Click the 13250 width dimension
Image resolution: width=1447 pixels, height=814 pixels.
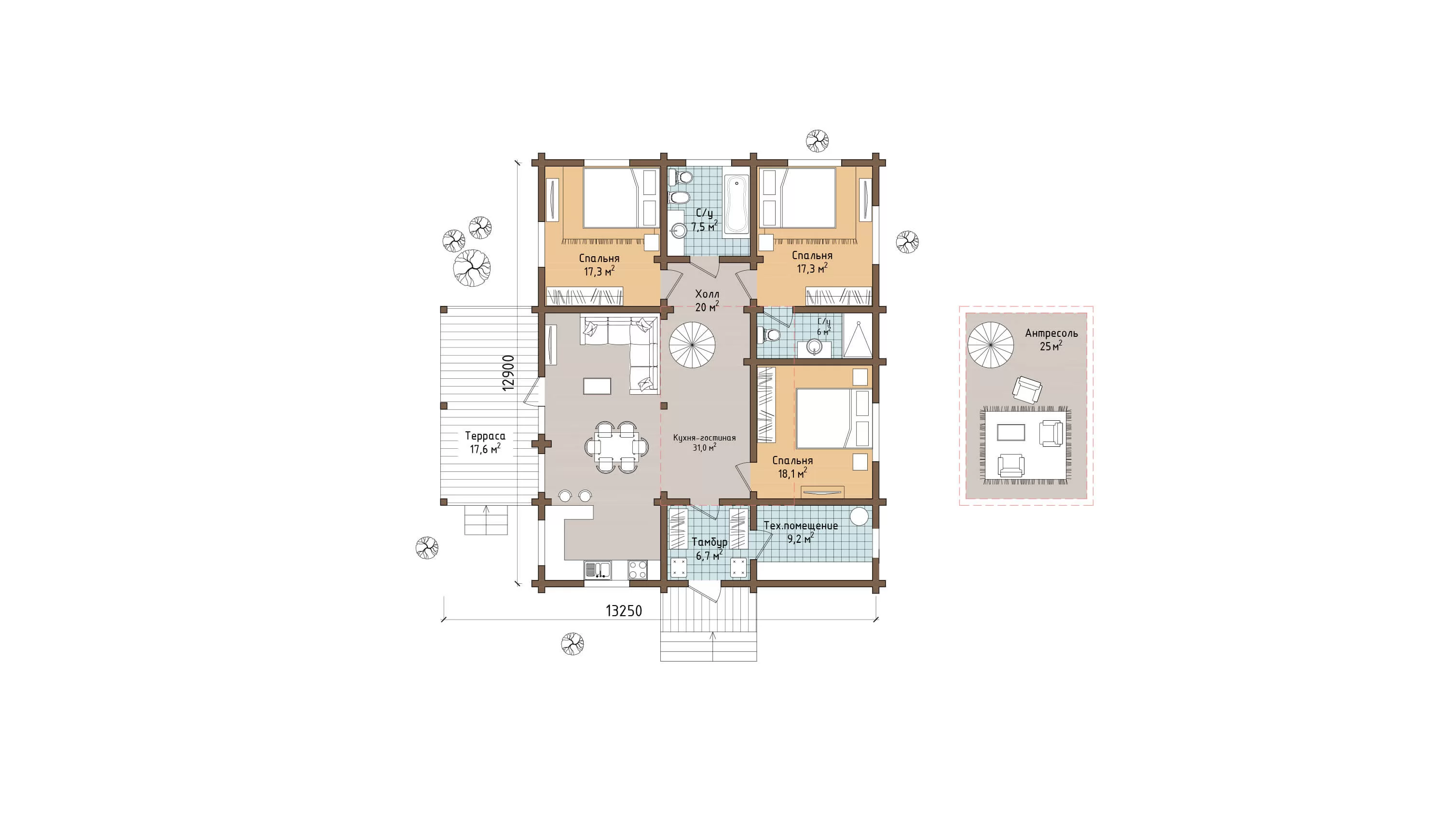click(x=624, y=611)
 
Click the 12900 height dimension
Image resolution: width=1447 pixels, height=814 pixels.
click(x=508, y=373)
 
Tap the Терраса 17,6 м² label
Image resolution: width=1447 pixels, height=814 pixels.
click(x=485, y=442)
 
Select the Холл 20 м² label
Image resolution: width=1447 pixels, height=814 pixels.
click(x=707, y=301)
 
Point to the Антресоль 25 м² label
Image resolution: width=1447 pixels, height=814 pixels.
click(x=1051, y=339)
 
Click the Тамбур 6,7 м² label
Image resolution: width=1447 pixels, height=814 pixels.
click(x=710, y=549)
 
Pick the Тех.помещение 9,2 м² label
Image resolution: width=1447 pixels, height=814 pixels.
click(x=801, y=532)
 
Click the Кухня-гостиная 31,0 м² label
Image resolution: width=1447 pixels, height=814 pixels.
click(x=704, y=442)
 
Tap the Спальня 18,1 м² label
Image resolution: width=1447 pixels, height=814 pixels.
click(x=792, y=467)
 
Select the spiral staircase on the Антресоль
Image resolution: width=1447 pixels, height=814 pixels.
click(x=990, y=345)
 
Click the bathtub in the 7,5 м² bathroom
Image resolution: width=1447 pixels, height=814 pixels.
click(x=737, y=205)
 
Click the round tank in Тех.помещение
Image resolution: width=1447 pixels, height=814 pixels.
click(x=860, y=516)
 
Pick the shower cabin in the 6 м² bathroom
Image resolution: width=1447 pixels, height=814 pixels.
click(x=857, y=339)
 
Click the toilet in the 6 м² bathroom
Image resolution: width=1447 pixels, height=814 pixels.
click(x=769, y=336)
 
